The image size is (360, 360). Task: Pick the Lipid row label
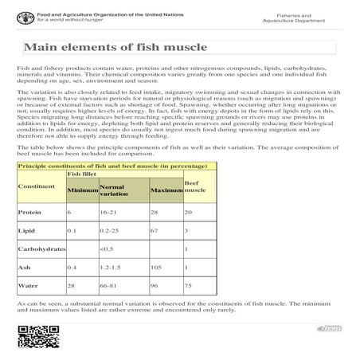26,230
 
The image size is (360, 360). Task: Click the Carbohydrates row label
41,249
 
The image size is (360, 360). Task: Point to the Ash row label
25,267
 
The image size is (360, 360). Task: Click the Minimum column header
83,192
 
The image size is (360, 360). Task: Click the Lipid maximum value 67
155,230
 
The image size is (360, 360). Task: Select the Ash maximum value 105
156,267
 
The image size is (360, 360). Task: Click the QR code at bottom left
32,338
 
